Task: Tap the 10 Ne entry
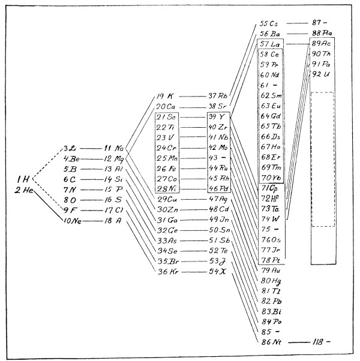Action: point(73,221)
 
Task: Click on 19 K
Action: point(166,96)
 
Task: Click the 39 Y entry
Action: point(217,116)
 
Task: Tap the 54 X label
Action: point(218,272)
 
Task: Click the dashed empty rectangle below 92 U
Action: point(322,159)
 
